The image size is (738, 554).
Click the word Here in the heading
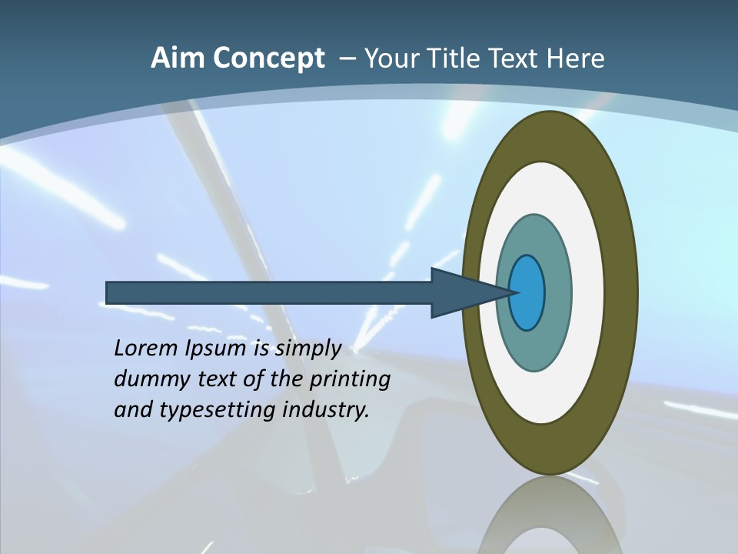coord(575,58)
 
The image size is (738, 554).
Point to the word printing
coord(351,380)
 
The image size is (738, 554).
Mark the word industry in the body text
coord(326,411)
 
